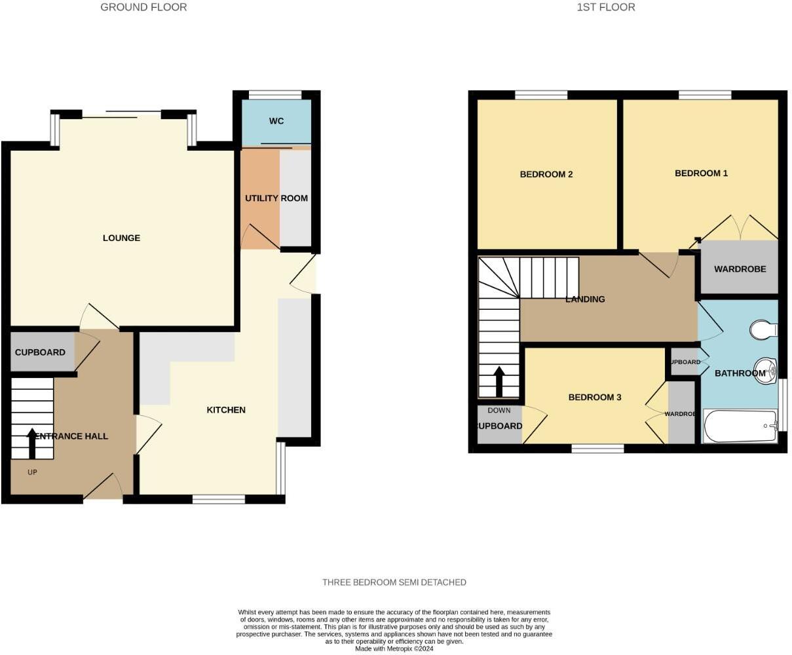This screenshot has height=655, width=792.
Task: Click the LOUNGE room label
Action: tap(121, 238)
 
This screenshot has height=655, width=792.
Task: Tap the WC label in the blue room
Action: tap(276, 122)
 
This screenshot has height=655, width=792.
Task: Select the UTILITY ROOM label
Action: tap(276, 198)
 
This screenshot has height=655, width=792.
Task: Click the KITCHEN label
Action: tap(226, 410)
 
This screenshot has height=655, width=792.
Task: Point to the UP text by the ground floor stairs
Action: tap(32, 472)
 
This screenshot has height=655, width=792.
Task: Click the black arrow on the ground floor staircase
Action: tap(32, 443)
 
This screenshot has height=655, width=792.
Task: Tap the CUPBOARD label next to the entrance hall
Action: tap(40, 352)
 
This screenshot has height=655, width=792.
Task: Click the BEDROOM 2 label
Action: tap(546, 174)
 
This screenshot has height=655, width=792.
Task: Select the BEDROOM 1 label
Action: tap(701, 174)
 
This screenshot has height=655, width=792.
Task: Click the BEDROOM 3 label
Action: tap(594, 398)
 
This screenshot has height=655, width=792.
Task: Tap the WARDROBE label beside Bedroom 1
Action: tap(740, 269)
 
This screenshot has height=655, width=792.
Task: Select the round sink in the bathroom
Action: tap(764, 368)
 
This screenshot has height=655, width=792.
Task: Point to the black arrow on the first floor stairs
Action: tap(499, 382)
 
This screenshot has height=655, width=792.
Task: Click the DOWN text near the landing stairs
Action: tap(499, 411)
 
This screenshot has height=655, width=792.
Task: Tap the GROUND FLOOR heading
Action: tap(143, 7)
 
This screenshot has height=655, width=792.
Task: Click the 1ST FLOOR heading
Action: tap(606, 7)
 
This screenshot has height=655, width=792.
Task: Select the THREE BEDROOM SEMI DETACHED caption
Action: tap(394, 582)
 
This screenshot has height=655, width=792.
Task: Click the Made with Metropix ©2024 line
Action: tap(394, 648)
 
